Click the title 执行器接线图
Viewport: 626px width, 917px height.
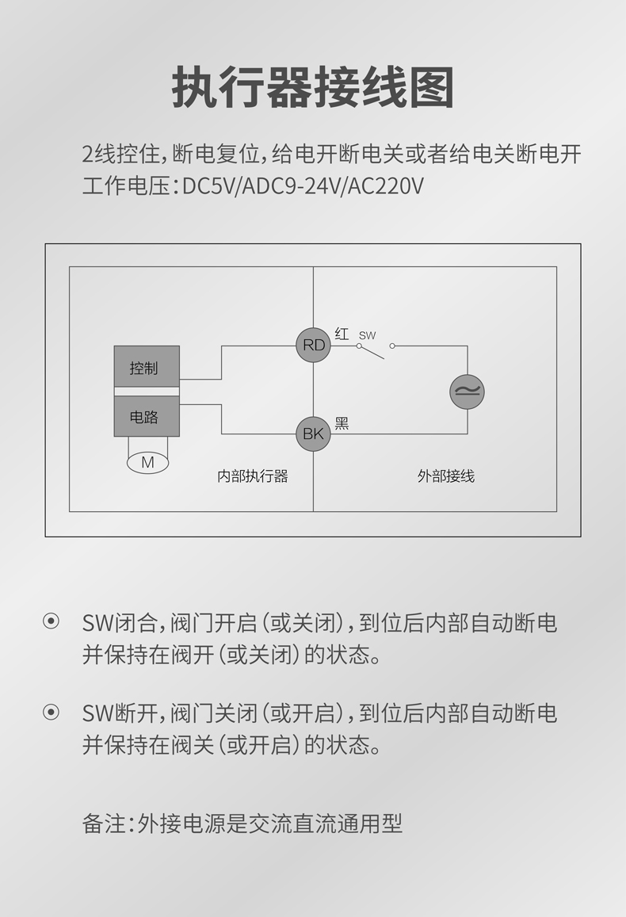[x=313, y=88]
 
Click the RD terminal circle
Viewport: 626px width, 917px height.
[x=314, y=346]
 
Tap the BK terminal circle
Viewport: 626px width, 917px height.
[x=314, y=434]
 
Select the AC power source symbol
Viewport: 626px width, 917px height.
[x=467, y=391]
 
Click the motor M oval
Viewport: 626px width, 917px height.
[x=147, y=462]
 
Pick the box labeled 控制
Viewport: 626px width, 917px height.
[x=147, y=367]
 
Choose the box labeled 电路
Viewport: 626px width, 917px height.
[x=147, y=416]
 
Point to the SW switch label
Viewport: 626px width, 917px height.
[x=368, y=335]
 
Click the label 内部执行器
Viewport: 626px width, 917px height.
[x=252, y=476]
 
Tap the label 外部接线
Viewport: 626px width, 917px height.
[x=446, y=476]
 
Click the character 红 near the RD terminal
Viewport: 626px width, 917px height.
[x=342, y=334]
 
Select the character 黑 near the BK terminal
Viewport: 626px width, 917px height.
[x=342, y=423]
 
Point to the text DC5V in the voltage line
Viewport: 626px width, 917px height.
[x=208, y=186]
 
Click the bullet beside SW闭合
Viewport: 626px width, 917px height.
[x=51, y=622]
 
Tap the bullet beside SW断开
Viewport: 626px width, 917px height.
[x=51, y=713]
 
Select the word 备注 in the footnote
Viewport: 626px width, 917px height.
[x=104, y=824]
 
